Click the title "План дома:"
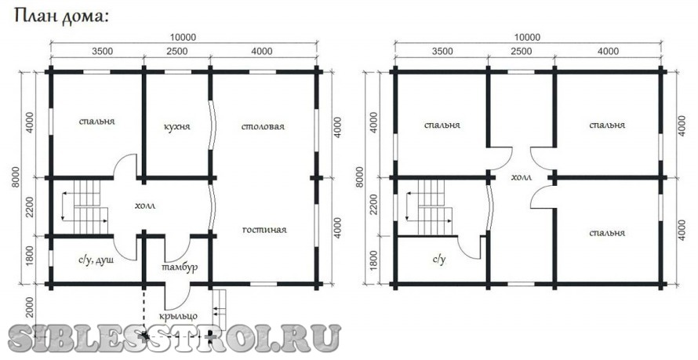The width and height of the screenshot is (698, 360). coord(62,17)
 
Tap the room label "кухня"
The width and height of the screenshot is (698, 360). coord(176,127)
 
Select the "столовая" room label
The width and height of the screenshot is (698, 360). coord(263,127)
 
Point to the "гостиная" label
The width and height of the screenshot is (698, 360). coord(264,230)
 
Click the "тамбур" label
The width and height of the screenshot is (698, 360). coord(180,268)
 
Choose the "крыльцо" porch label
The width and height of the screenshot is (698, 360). coord(178,316)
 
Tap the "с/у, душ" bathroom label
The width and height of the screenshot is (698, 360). coord(96,260)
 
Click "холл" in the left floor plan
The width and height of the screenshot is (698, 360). coord(145,205)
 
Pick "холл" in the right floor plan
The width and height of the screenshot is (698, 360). coord(522,177)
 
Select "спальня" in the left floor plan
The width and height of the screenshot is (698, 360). coord(97,122)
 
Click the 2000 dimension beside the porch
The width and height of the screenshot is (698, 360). coord(30,307)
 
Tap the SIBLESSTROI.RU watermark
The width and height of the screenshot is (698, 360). coord(175,339)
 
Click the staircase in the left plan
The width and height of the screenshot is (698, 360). coord(85,206)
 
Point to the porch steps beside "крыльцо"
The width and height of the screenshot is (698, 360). coord(219,307)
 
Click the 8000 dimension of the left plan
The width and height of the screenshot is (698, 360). coord(16,176)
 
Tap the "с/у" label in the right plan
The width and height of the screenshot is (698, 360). coord(439,260)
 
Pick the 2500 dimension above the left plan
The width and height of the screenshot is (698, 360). coord(176,52)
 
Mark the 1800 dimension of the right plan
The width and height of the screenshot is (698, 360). coord(374,260)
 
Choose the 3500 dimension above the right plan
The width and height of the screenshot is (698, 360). coord(442,52)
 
